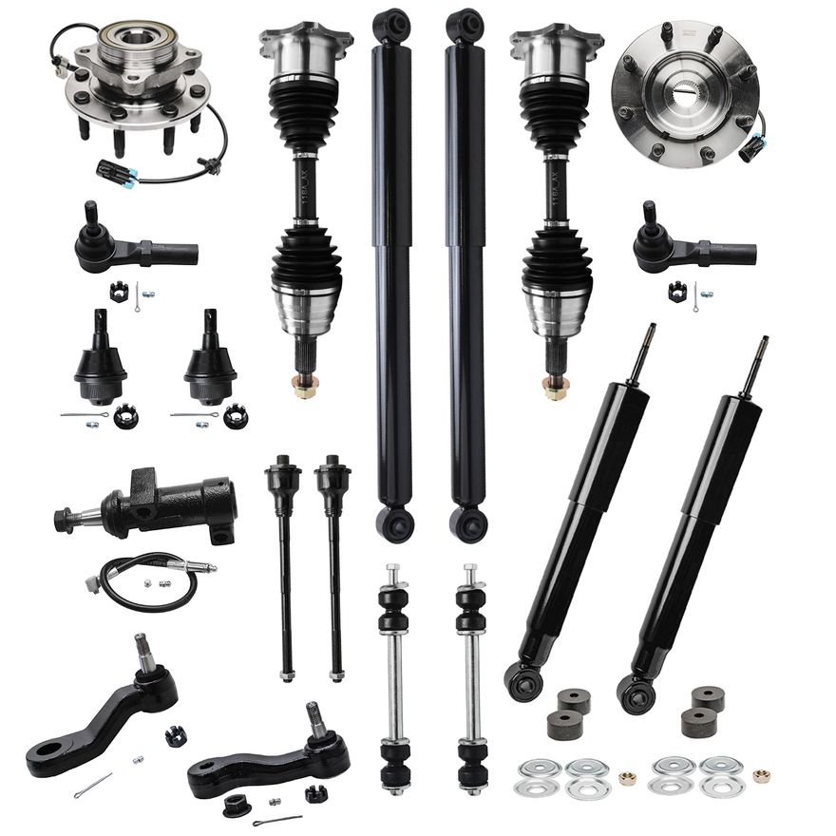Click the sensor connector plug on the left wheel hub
118,171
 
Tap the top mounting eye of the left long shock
390,25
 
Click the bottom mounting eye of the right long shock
466,522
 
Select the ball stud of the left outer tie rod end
89,215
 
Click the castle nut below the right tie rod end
677,292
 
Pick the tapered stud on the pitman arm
143,652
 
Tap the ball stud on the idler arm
315,718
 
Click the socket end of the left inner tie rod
283,474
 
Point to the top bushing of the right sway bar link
469,598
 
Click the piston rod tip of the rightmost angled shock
763,343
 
